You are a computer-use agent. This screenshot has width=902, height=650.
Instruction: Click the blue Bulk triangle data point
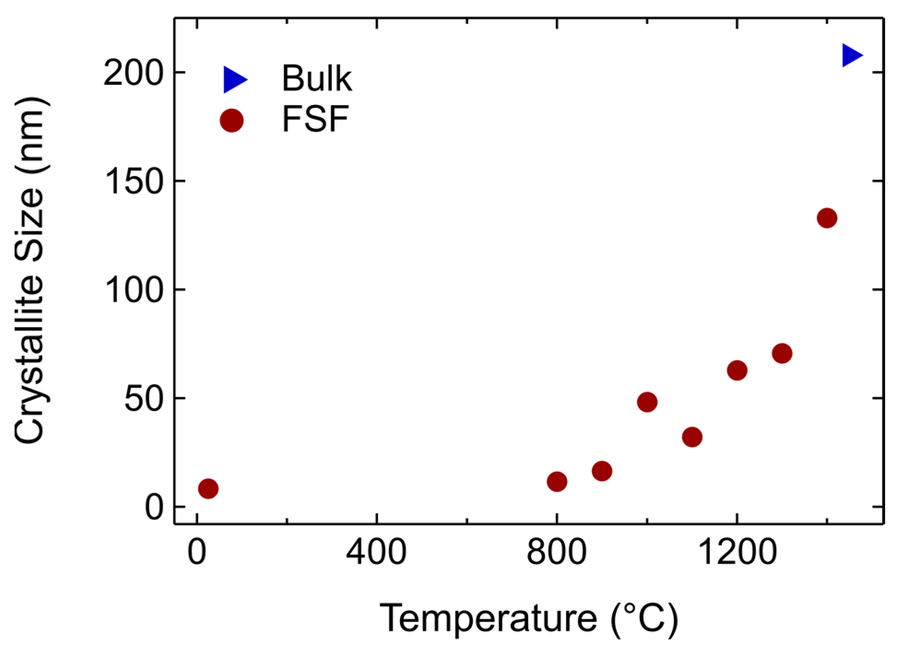pos(852,55)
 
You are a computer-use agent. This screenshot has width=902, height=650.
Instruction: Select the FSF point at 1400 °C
pos(827,218)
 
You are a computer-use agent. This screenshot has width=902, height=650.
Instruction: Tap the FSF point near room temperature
pos(208,488)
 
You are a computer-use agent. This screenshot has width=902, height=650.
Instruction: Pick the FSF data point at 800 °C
pos(557,482)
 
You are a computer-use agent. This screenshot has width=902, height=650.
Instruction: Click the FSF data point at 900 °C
pos(602,471)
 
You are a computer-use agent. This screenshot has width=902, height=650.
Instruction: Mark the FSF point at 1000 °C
pos(647,402)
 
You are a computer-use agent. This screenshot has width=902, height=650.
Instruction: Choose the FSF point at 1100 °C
pos(692,437)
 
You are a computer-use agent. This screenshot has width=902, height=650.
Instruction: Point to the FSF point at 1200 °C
pos(737,370)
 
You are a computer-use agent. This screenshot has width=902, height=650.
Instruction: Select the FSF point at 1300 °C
pos(782,353)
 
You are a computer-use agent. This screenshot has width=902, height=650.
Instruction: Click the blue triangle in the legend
pos(235,80)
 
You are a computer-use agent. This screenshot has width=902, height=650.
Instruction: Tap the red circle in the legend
pos(232,121)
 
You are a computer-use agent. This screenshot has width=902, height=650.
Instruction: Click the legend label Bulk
pos(317,78)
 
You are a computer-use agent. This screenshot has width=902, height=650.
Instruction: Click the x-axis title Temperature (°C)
pos(529,619)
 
